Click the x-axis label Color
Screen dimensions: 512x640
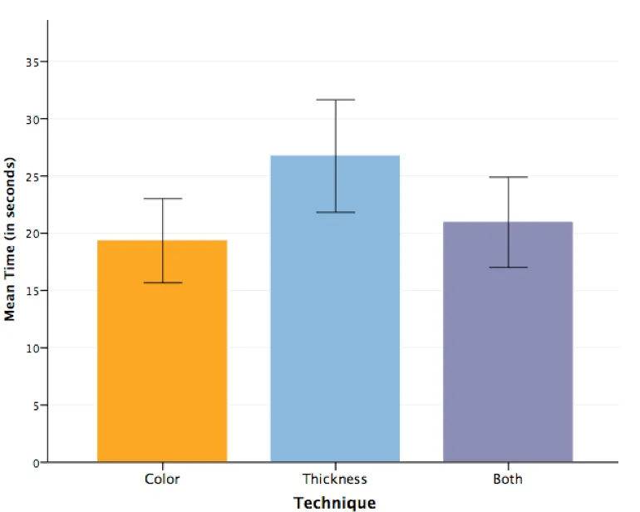(162, 479)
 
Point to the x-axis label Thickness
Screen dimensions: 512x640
(335, 479)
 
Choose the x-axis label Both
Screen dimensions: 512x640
(508, 479)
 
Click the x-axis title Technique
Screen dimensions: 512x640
(335, 502)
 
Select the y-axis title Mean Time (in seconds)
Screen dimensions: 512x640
(11, 239)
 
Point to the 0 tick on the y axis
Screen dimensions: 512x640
(36, 462)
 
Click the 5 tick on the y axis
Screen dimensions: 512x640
(36, 405)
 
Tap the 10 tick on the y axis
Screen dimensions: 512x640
(33, 347)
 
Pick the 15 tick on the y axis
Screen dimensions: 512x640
(33, 291)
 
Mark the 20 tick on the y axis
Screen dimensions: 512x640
(33, 234)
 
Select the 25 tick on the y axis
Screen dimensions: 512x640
(33, 176)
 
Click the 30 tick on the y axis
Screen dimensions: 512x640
(33, 119)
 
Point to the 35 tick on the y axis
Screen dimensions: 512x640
(33, 62)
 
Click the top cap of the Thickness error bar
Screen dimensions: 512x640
(335, 100)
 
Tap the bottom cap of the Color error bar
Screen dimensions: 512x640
(162, 283)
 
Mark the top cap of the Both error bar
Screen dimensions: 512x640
(508, 177)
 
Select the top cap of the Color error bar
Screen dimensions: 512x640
(162, 199)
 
